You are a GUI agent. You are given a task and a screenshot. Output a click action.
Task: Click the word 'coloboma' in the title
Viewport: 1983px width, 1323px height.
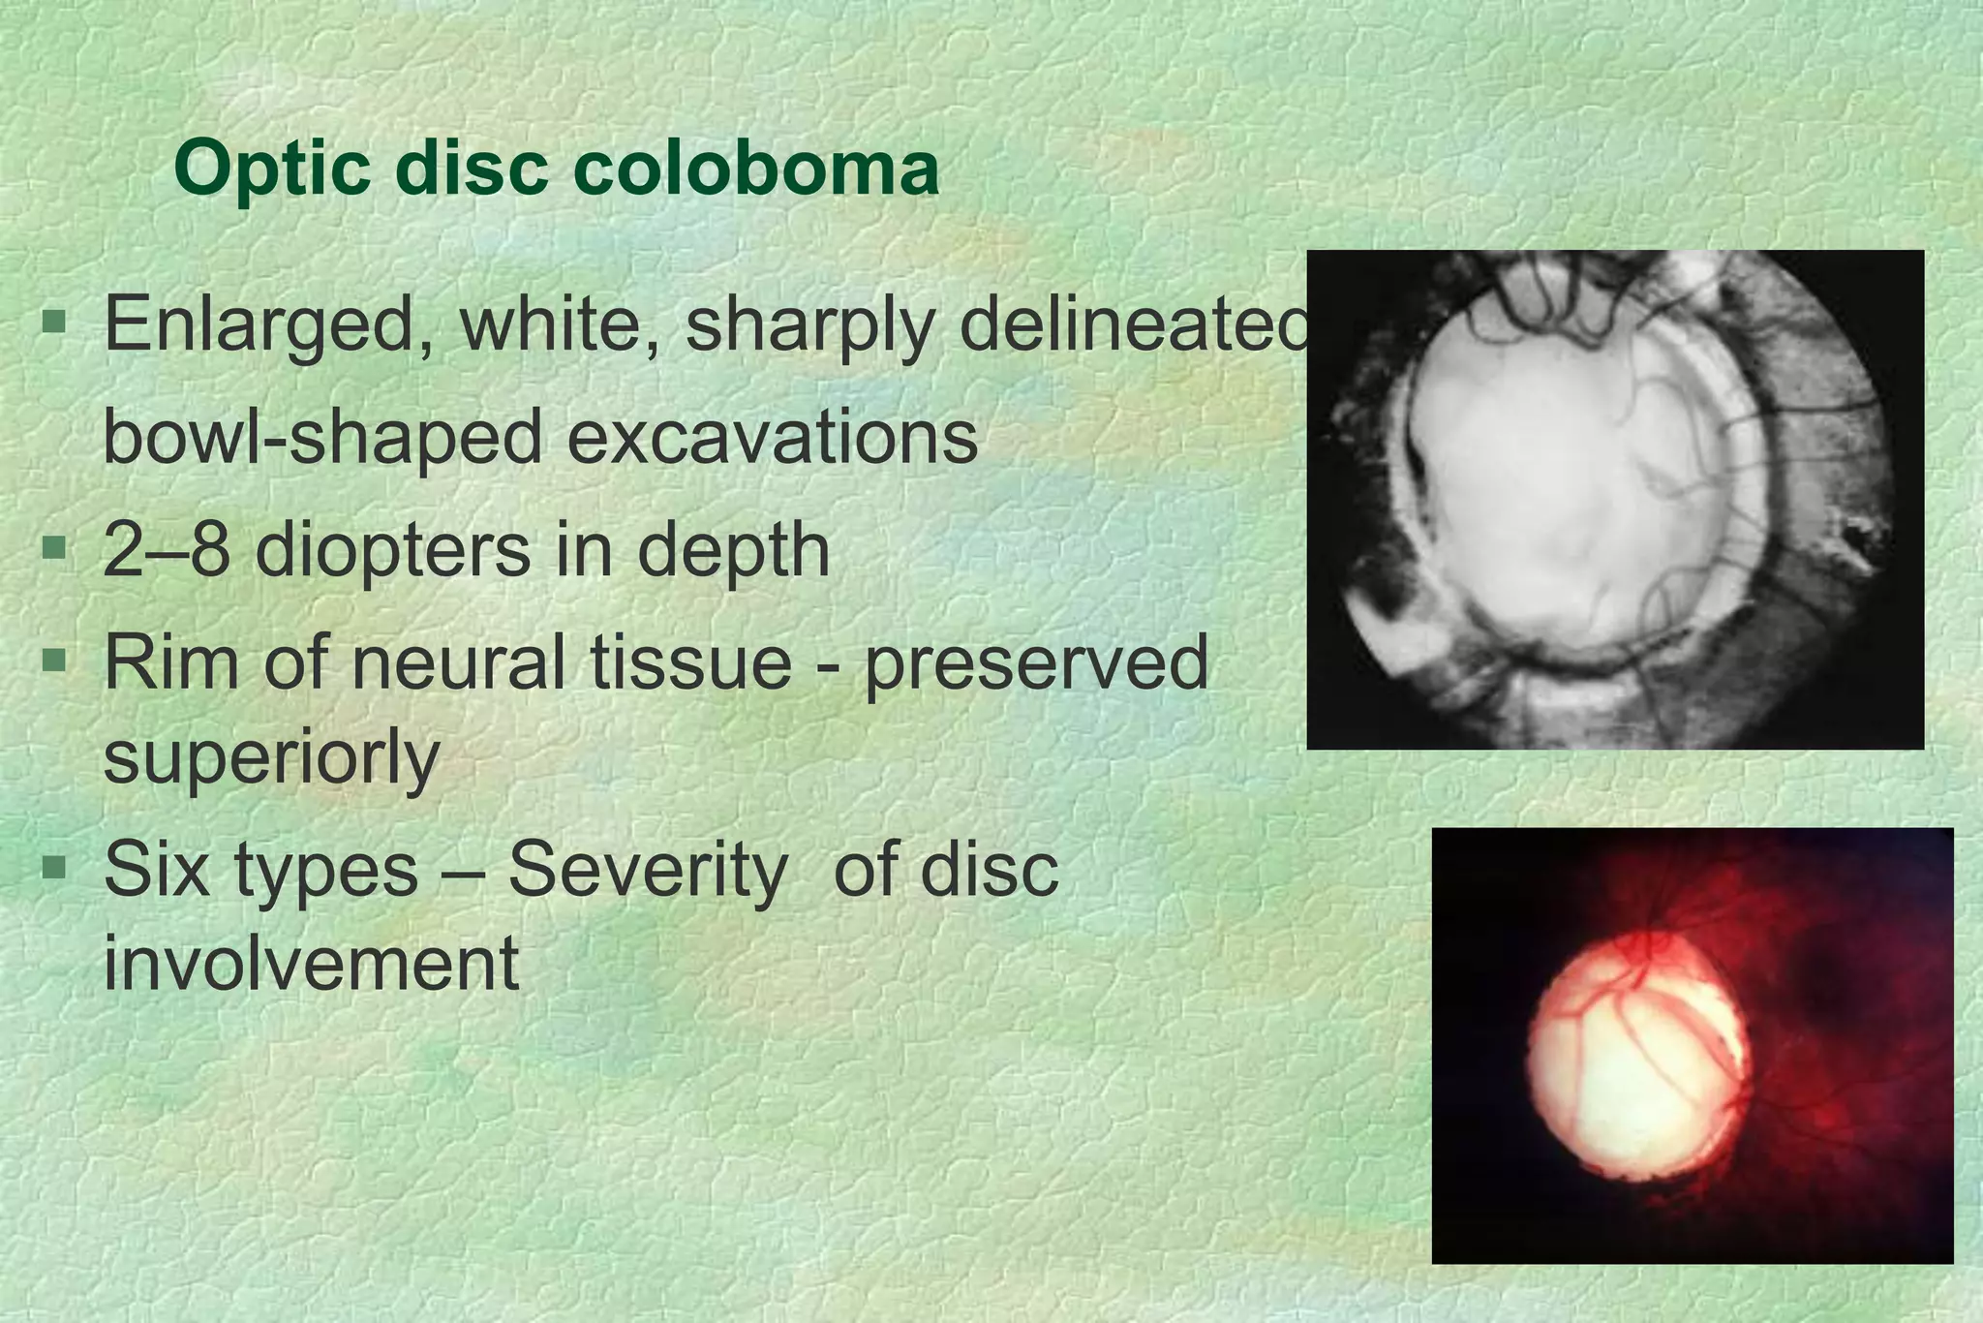(755, 169)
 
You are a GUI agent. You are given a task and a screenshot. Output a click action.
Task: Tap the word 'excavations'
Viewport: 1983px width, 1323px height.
(772, 437)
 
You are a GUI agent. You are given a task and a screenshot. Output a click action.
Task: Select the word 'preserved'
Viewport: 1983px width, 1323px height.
(1036, 664)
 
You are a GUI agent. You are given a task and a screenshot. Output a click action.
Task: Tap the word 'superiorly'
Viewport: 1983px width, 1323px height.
(271, 757)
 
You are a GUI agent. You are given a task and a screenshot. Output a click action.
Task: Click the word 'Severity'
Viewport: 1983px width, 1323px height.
(647, 869)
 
